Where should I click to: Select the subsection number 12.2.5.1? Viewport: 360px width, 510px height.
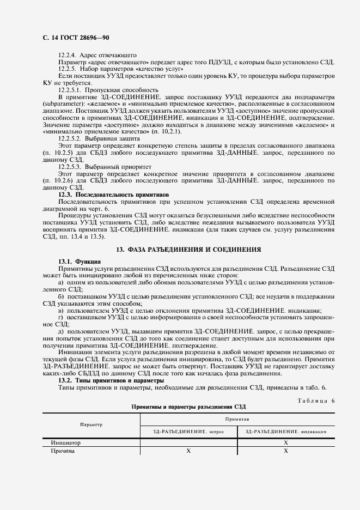click(70, 89)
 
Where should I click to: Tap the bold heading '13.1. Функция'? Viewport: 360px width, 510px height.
click(76, 262)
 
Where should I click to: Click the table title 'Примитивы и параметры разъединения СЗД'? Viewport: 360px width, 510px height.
click(189, 406)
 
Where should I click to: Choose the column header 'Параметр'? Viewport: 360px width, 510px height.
click(91, 424)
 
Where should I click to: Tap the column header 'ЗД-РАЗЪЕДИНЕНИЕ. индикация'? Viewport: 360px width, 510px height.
click(285, 431)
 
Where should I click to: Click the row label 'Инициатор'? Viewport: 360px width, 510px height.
click(65, 444)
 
